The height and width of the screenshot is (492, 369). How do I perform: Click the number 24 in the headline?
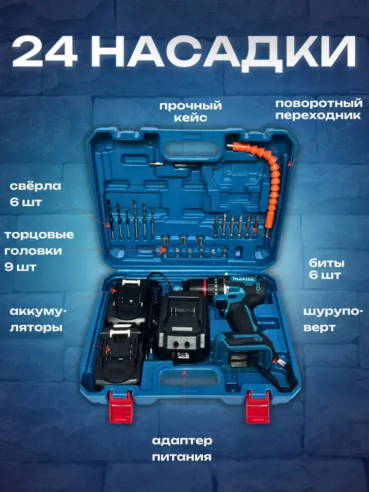pyautogui.click(x=45, y=52)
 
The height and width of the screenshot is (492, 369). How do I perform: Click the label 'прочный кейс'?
pyautogui.click(x=190, y=111)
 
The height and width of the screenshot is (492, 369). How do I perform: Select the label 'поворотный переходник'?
pyautogui.click(x=319, y=109)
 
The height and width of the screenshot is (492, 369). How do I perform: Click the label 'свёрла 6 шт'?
pyautogui.click(x=35, y=194)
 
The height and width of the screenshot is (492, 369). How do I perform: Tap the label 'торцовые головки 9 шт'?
pyautogui.click(x=39, y=251)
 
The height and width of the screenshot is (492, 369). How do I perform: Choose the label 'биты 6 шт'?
pyautogui.click(x=326, y=269)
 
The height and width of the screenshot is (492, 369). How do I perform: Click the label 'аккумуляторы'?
pyautogui.click(x=38, y=319)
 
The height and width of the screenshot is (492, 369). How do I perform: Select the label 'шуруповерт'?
pyautogui.click(x=329, y=319)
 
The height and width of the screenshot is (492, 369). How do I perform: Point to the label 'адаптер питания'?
pyautogui.click(x=182, y=449)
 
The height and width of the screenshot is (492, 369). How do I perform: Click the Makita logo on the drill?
pyautogui.click(x=244, y=278)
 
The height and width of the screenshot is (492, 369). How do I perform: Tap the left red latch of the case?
pyautogui.click(x=121, y=407)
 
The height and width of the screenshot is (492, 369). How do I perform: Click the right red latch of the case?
pyautogui.click(x=258, y=407)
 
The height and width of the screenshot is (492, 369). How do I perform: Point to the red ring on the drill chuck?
pyautogui.click(x=205, y=287)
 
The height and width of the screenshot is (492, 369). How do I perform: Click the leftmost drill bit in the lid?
pyautogui.click(x=111, y=219)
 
